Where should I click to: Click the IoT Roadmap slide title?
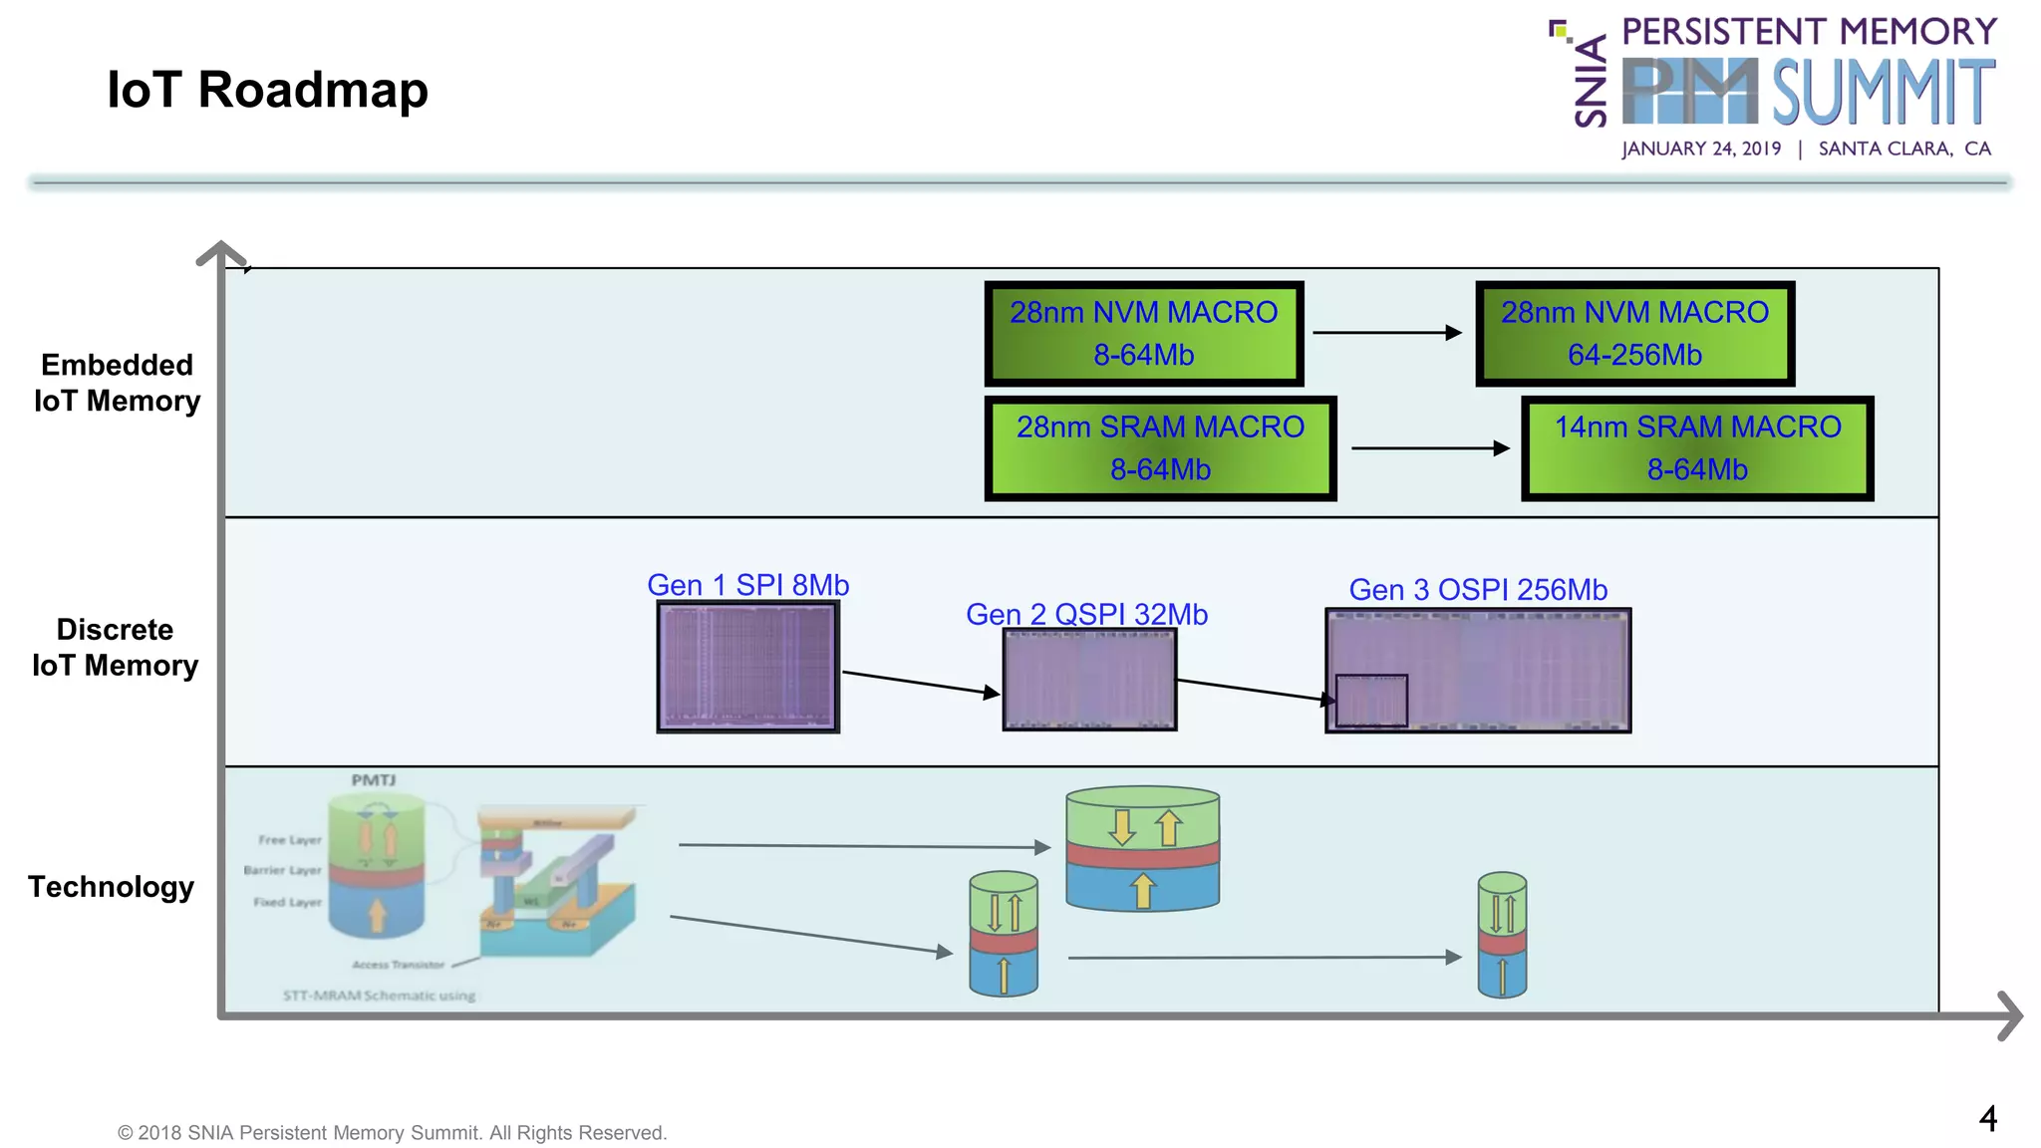pyautogui.click(x=267, y=90)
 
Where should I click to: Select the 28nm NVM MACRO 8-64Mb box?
pyautogui.click(x=1143, y=334)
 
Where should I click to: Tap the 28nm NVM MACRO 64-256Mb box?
pyautogui.click(x=1634, y=334)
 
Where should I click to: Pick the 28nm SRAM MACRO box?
pyautogui.click(x=1160, y=448)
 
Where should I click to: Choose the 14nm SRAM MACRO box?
pyautogui.click(x=1697, y=448)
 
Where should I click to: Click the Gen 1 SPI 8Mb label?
pyautogui.click(x=747, y=585)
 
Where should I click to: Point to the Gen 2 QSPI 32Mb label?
pyautogui.click(x=1086, y=614)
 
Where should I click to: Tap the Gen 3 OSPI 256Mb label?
pyautogui.click(x=1478, y=590)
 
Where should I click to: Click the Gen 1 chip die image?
pyautogui.click(x=747, y=667)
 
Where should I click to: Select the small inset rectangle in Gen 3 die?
pyautogui.click(x=1371, y=701)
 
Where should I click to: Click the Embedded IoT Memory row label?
pyautogui.click(x=117, y=383)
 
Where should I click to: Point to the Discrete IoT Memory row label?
pyautogui.click(x=115, y=648)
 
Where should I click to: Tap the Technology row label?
pyautogui.click(x=111, y=886)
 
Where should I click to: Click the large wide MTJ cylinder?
pyautogui.click(x=1142, y=848)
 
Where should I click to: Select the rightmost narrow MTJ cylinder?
pyautogui.click(x=1502, y=935)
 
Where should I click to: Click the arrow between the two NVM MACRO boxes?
pyautogui.click(x=1386, y=333)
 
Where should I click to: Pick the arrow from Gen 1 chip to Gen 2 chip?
pyautogui.click(x=920, y=683)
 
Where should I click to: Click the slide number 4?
pyautogui.click(x=1987, y=1118)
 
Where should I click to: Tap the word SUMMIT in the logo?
pyautogui.click(x=1883, y=92)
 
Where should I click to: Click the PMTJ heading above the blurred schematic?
pyautogui.click(x=373, y=780)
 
